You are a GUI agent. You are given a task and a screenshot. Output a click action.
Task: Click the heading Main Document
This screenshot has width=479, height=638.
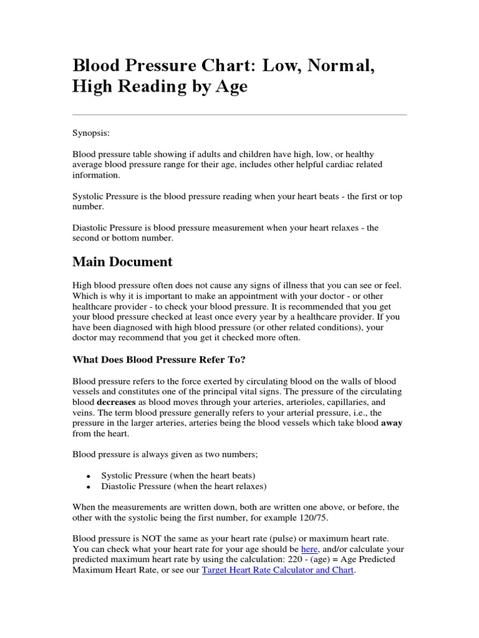[122, 262]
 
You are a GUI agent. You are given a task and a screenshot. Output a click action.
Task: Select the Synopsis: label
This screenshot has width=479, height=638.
[91, 133]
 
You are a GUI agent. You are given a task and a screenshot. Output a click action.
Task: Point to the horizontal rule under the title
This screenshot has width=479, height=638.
[239, 115]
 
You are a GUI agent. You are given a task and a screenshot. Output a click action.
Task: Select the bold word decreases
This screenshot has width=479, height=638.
[96, 402]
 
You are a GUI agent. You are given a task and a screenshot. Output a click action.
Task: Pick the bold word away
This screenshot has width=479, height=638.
[392, 423]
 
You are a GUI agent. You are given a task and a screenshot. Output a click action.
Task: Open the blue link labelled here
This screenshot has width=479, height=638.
[309, 549]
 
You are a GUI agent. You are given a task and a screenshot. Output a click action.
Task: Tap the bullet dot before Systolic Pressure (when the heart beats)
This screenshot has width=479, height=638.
[89, 476]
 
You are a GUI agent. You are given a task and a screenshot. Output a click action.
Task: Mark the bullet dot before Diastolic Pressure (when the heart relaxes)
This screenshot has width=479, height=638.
[89, 487]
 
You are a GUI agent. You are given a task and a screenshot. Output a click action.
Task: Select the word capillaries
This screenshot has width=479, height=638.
[338, 402]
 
